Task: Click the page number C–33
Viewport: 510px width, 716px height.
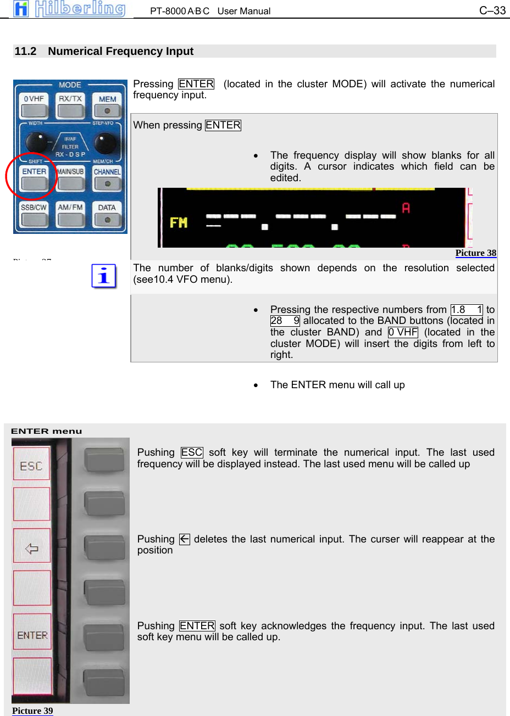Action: click(x=492, y=10)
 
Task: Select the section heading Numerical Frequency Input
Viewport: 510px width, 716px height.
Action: click(x=120, y=51)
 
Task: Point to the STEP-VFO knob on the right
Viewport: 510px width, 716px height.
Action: click(x=105, y=143)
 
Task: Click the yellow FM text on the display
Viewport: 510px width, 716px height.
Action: click(x=179, y=222)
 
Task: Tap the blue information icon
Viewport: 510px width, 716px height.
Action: click(x=104, y=276)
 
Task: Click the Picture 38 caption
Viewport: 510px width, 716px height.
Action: click(x=475, y=253)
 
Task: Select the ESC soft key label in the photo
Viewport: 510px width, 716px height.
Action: click(x=31, y=465)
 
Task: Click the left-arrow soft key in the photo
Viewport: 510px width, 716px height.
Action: click(x=31, y=547)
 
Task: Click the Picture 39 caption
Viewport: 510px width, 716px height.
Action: click(x=32, y=711)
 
